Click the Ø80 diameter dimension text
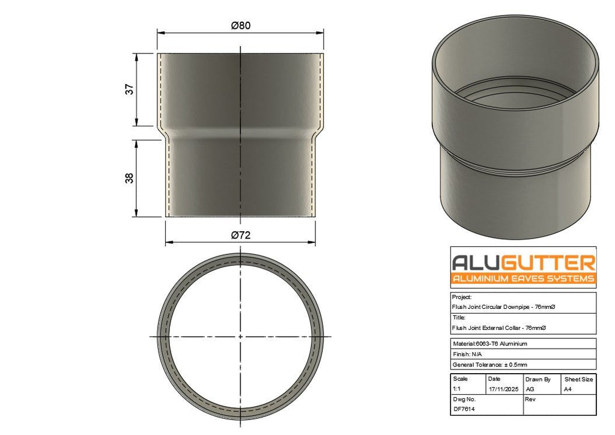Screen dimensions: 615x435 (x=240, y=25)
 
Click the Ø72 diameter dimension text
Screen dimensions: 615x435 (x=240, y=236)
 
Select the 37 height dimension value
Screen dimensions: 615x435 (x=130, y=90)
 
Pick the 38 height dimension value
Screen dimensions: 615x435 (x=130, y=178)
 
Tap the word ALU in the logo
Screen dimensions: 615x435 (x=476, y=263)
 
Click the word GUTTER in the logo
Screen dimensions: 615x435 (x=548, y=263)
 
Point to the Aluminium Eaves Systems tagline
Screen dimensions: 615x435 (x=523, y=279)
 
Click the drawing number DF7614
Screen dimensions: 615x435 (x=464, y=409)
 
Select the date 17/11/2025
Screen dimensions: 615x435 (x=504, y=389)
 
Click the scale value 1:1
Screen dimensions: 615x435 (x=456, y=389)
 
